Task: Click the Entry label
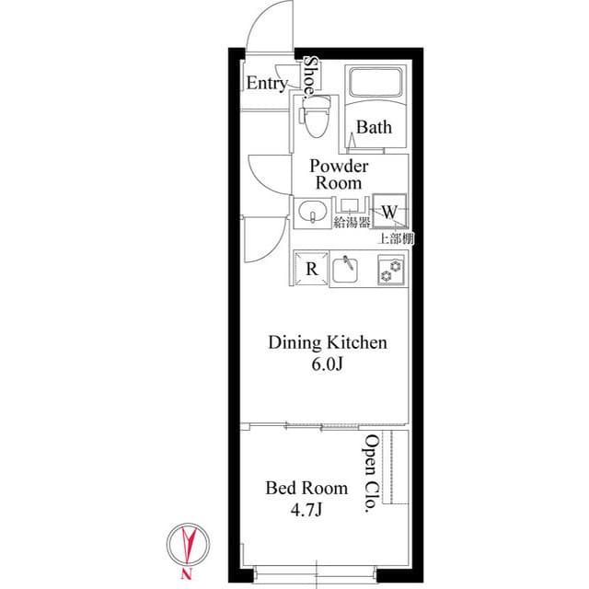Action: click(267, 84)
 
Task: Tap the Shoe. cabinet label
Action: click(312, 77)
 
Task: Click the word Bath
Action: click(374, 128)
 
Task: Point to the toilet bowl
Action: click(316, 121)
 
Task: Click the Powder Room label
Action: click(340, 174)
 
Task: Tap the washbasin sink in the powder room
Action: click(313, 214)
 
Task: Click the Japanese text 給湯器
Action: click(351, 222)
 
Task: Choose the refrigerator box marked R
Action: click(312, 269)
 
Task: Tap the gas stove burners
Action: click(391, 269)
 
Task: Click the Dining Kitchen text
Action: click(327, 343)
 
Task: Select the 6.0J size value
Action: click(327, 364)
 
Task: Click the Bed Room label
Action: click(306, 488)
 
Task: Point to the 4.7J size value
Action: click(306, 508)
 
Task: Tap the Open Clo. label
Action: click(370, 475)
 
